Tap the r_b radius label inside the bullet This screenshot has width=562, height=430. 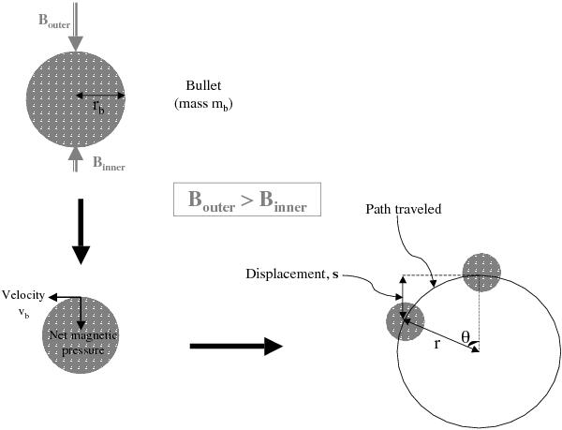(97, 107)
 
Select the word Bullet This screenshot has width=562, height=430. (203, 85)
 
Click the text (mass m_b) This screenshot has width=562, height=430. (203, 104)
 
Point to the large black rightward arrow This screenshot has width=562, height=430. (235, 347)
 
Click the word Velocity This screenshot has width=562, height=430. (23, 295)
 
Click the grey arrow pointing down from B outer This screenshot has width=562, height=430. (76, 27)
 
